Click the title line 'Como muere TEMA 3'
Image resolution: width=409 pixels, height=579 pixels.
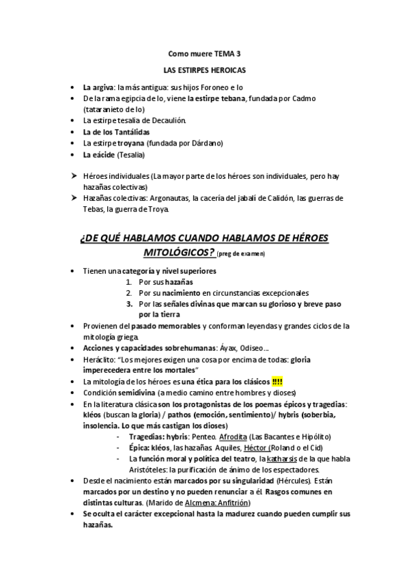(x=204, y=53)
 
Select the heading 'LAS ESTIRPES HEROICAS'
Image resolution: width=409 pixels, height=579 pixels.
(x=204, y=70)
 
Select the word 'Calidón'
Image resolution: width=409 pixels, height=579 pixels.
(x=267, y=198)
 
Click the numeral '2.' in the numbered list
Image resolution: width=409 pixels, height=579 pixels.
(x=129, y=292)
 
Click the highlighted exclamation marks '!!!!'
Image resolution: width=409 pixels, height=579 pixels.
(x=278, y=381)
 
